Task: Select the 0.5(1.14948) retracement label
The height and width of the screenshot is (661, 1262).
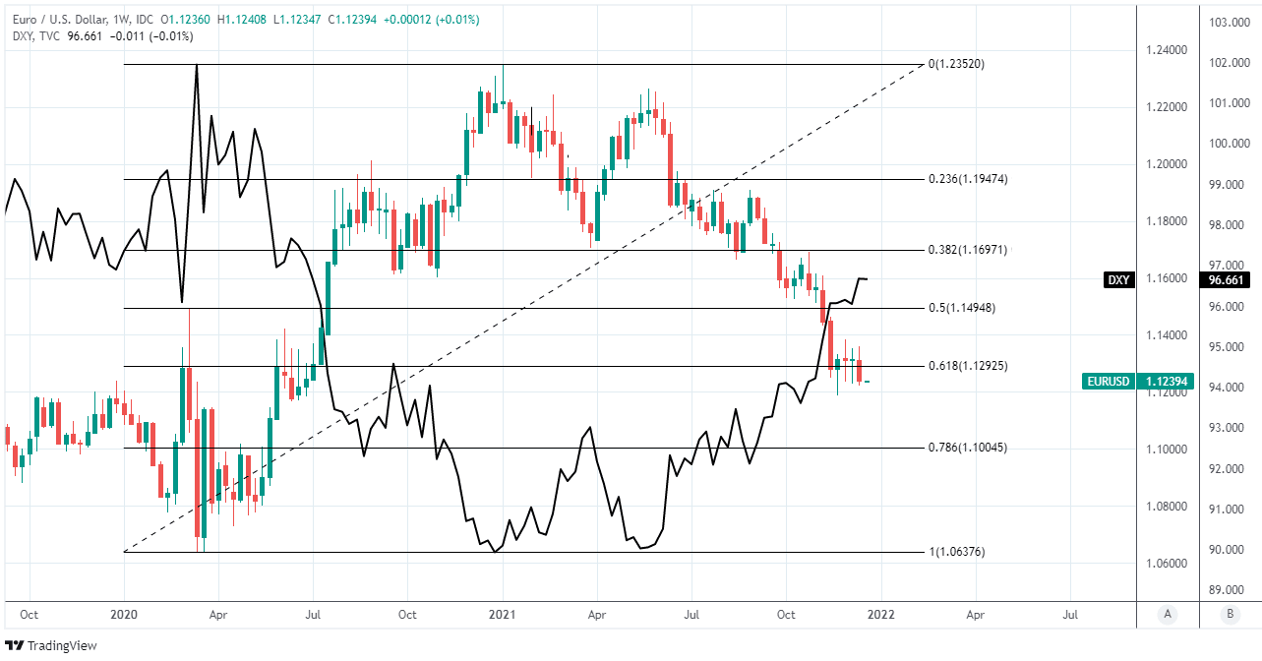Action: point(962,308)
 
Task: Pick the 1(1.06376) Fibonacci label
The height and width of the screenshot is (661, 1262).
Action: point(957,552)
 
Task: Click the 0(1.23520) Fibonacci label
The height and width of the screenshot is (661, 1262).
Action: point(957,64)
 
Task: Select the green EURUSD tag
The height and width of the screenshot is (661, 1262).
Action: point(1107,381)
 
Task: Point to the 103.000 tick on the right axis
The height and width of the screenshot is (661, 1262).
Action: point(1229,22)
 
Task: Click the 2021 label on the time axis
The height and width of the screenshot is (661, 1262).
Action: point(503,615)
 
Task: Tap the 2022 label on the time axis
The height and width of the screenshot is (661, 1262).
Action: point(881,615)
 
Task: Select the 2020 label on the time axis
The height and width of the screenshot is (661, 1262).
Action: point(125,615)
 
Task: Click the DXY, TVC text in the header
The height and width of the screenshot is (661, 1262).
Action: point(38,36)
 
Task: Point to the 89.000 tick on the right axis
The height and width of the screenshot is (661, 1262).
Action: point(1229,589)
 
